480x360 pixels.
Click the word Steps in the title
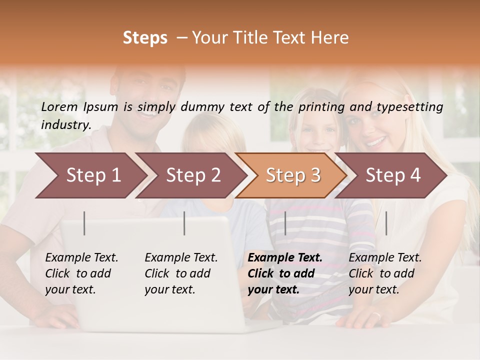pos(145,38)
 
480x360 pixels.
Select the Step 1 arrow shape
pos(90,175)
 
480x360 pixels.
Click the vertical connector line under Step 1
pos(84,223)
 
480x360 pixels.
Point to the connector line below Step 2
pos(184,223)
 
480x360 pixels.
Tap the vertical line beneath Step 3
pos(285,223)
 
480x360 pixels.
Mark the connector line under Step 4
pos(386,223)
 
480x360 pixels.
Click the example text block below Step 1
pos(81,273)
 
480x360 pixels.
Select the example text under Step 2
pos(181,273)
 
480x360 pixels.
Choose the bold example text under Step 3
pos(285,273)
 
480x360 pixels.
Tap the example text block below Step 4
pos(385,273)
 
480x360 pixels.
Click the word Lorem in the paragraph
pos(59,106)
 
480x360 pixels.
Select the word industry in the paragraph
pos(65,125)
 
